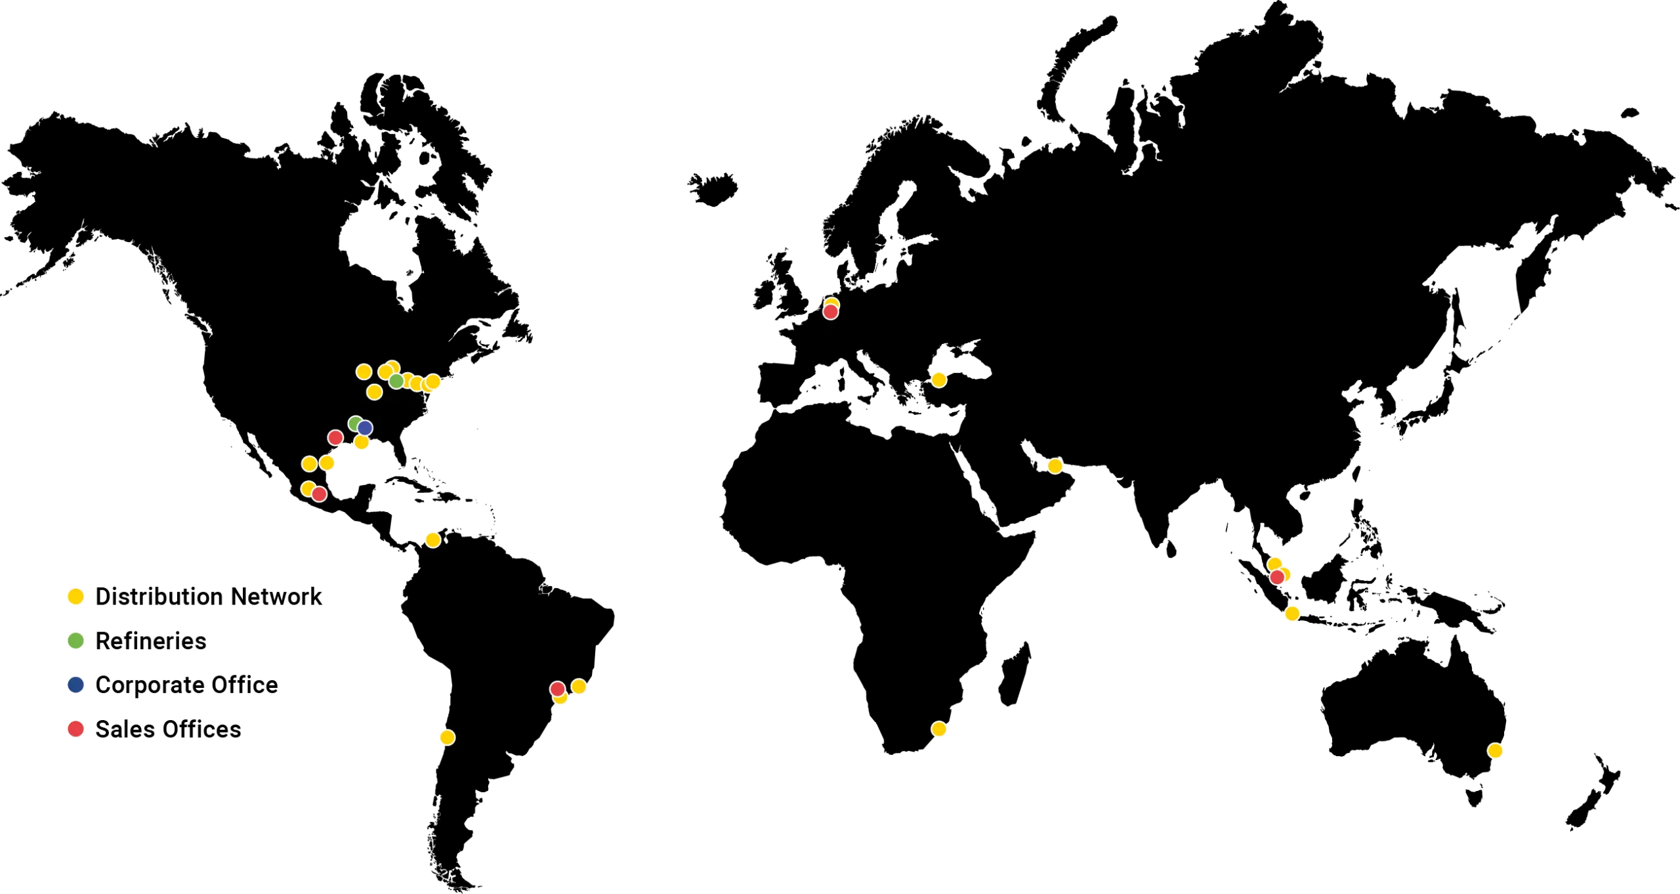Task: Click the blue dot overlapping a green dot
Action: [365, 428]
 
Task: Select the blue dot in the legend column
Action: [75, 685]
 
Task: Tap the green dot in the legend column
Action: [75, 640]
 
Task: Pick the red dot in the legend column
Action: [75, 729]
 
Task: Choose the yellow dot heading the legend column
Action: [75, 596]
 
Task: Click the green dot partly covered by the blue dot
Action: [354, 423]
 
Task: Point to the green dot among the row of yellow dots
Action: [396, 381]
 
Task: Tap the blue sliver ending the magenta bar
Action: [757, 402]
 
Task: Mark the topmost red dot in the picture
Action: [830, 312]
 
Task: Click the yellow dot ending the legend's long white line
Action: [447, 737]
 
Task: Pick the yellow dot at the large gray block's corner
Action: [1494, 750]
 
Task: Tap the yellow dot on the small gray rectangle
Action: [938, 729]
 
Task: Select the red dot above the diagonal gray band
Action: [557, 689]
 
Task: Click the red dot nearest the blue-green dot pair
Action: [335, 437]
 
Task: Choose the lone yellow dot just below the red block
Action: [432, 540]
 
